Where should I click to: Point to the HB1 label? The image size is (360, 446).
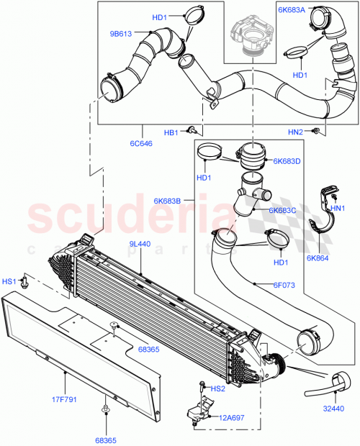[171, 132]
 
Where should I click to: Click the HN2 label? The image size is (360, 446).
[295, 132]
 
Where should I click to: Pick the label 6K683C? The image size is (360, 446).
[283, 210]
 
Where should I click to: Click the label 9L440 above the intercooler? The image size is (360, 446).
[140, 245]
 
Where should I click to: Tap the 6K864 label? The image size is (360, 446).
[318, 258]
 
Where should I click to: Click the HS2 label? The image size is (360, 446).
[217, 388]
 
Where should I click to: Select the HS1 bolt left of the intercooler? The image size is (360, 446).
[26, 281]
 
